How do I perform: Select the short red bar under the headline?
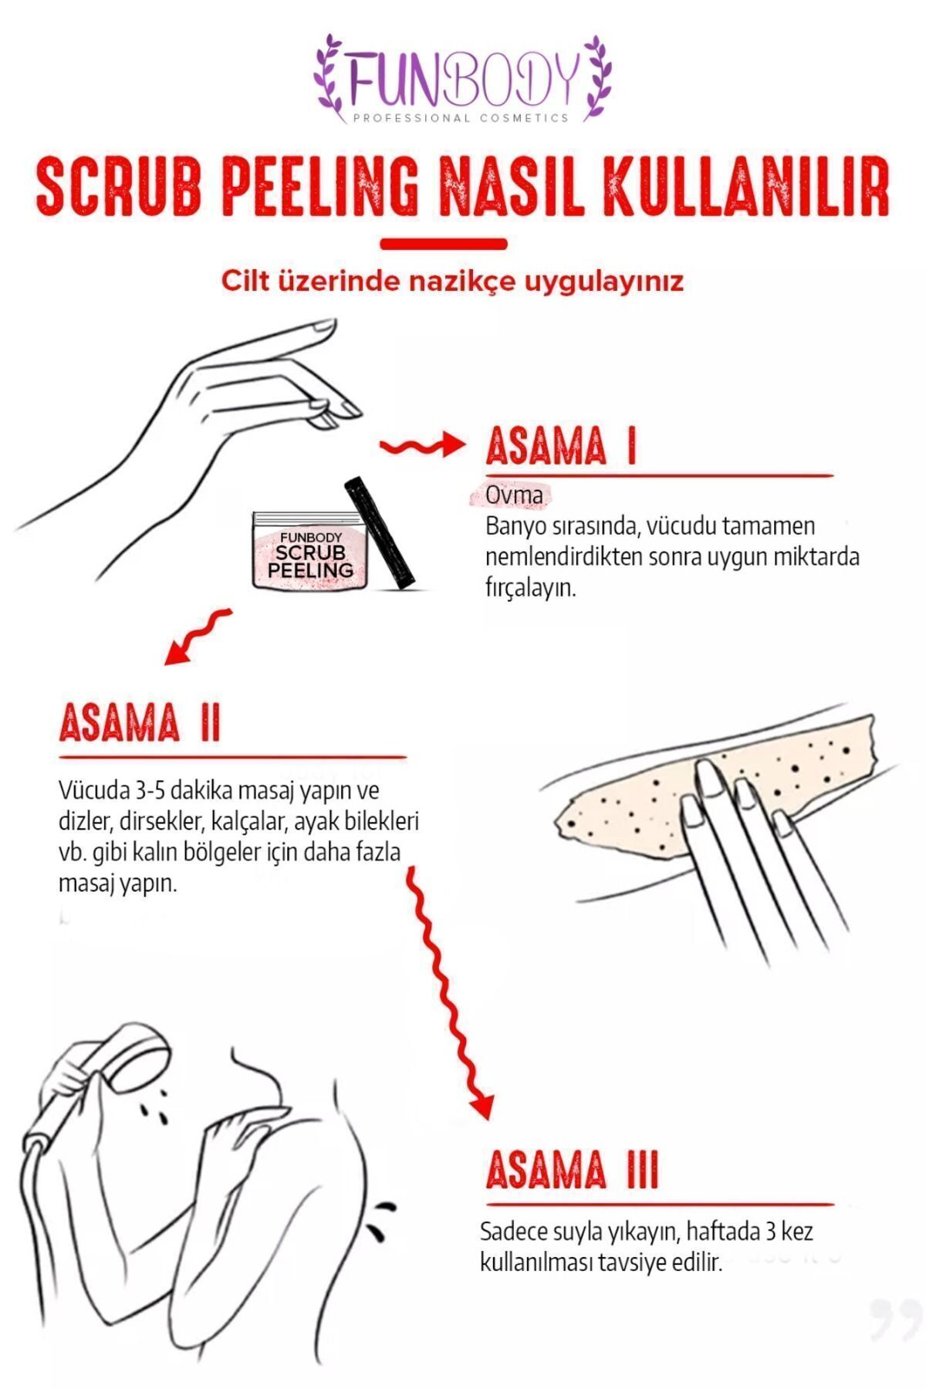click(444, 245)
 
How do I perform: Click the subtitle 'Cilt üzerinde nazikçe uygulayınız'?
click(452, 282)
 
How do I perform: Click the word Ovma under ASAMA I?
click(514, 495)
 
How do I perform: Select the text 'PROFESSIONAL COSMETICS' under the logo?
click(461, 118)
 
